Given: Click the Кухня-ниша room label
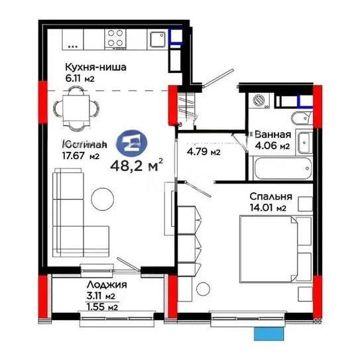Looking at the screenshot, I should point(95,66).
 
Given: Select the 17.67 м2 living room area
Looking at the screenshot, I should point(80,156).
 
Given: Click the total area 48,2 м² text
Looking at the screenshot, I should point(140,162).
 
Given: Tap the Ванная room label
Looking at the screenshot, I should point(271,134).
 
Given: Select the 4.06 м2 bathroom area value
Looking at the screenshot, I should point(272,145).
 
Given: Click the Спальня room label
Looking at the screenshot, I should point(271,197).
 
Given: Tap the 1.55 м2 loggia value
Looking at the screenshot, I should point(85,306).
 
